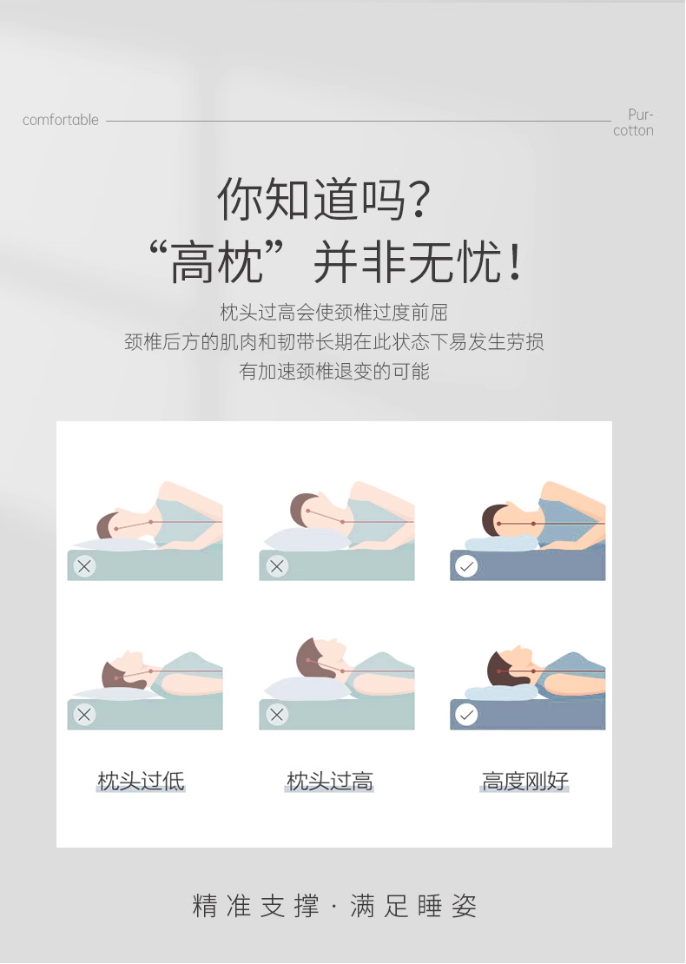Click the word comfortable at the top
(60, 120)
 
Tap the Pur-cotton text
(633, 122)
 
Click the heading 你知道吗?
(324, 199)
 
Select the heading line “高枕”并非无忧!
(336, 262)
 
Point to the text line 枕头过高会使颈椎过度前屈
(333, 313)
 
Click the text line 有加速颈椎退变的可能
(333, 372)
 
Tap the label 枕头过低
(141, 781)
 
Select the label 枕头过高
(329, 781)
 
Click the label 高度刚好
(525, 781)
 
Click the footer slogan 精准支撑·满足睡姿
(334, 906)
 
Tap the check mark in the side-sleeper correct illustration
(466, 566)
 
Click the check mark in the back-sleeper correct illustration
(466, 715)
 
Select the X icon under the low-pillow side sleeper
(84, 566)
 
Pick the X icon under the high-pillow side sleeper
(277, 566)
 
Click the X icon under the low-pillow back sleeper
(84, 715)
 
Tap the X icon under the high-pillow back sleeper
(277, 715)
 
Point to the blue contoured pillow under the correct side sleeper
(502, 543)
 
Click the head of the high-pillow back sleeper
(320, 657)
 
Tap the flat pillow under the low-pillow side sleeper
(115, 545)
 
